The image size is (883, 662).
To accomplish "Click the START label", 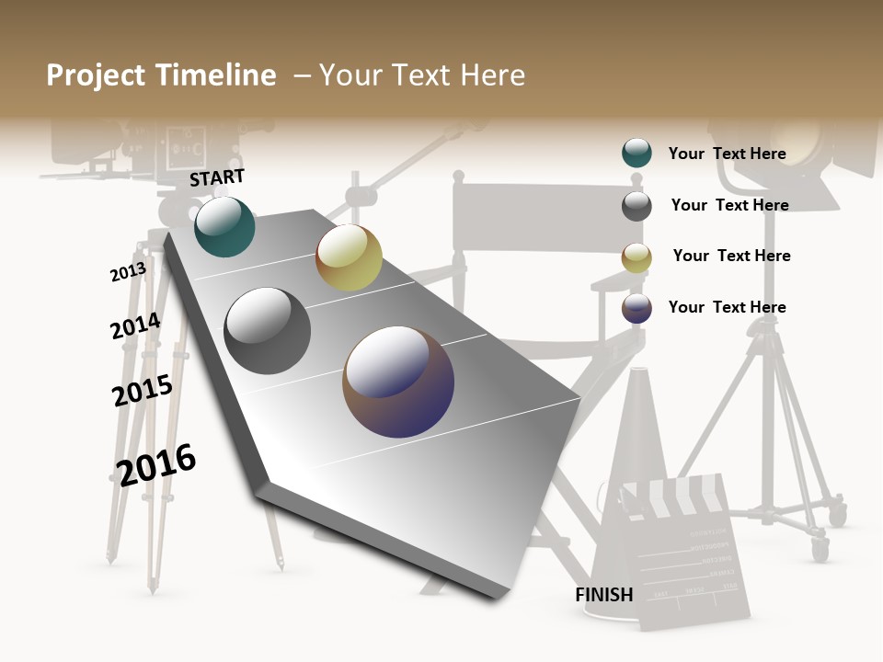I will tap(217, 177).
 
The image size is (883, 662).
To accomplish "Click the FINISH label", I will tap(603, 595).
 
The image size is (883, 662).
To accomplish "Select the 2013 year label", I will tap(128, 272).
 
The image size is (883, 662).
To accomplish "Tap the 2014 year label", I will tap(135, 326).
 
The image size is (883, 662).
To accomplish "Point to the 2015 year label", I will tap(142, 390).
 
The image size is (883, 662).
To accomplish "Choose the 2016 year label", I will tap(156, 464).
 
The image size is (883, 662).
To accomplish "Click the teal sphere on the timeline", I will tap(224, 227).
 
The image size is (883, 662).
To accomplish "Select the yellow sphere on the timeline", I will tap(349, 257).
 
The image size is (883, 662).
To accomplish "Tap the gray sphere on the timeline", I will tap(268, 331).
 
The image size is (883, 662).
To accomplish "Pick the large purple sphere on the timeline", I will tap(398, 382).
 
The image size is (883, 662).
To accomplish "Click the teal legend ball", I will tap(636, 153).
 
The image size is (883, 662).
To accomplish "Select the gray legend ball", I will tap(636, 206).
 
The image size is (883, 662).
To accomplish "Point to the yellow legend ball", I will tap(636, 257).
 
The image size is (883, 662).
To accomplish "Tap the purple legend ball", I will tap(636, 308).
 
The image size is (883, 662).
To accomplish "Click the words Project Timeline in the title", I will tap(161, 75).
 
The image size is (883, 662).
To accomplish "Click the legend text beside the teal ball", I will tap(727, 154).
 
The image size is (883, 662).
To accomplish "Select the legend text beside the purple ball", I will tap(727, 307).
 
